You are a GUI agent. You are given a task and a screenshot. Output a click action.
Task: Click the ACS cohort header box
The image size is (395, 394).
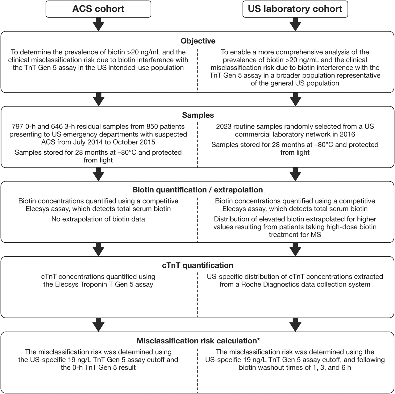(98, 9)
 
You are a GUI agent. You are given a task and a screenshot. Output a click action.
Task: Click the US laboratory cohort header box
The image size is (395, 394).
(295, 9)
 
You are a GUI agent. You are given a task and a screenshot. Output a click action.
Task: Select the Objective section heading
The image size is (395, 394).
(198, 41)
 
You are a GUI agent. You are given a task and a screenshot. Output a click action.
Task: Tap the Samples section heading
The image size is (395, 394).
(198, 115)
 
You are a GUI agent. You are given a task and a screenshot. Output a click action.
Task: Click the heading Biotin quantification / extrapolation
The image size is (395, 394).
(197, 190)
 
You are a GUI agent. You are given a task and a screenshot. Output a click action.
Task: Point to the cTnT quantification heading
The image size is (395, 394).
(197, 265)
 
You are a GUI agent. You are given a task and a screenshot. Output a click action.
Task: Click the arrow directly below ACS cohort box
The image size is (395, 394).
(98, 24)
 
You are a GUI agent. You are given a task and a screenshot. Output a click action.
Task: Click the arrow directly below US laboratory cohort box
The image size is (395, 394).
(295, 24)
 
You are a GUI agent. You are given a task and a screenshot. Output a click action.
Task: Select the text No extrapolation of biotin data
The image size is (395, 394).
(98, 219)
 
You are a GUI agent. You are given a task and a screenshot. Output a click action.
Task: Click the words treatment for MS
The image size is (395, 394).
(295, 234)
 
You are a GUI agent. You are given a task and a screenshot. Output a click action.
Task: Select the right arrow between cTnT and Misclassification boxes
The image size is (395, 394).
(295, 325)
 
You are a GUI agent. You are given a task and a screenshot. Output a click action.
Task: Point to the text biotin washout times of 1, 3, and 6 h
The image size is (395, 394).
(295, 367)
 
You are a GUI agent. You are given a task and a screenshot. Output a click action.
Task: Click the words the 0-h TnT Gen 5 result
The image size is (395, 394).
(98, 367)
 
